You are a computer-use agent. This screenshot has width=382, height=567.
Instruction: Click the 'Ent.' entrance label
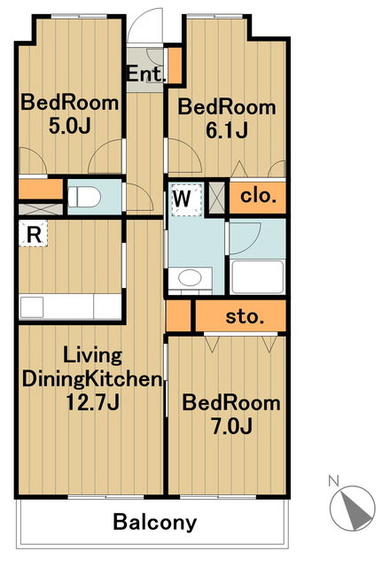(x=145, y=74)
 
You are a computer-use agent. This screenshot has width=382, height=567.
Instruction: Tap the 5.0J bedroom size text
(x=69, y=126)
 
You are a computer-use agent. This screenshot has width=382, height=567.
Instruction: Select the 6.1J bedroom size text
(x=227, y=130)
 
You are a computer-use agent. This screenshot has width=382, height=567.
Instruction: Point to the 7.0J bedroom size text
(x=231, y=426)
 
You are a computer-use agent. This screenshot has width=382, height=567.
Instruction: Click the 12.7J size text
(x=92, y=401)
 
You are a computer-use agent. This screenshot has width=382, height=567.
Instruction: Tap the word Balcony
(x=155, y=522)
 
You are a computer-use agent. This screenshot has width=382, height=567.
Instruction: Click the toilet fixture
(x=84, y=197)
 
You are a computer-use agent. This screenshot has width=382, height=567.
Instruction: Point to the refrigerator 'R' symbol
(x=34, y=234)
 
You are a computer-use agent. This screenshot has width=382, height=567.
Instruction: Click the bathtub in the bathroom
(x=257, y=276)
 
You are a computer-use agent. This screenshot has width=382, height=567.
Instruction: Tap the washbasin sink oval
(x=190, y=277)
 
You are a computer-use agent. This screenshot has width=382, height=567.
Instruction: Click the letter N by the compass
(x=333, y=481)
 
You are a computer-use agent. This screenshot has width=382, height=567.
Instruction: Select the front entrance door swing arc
(x=144, y=26)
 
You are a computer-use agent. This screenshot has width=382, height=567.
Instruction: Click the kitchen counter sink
(x=32, y=307)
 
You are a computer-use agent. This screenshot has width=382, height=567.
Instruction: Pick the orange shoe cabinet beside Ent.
(x=175, y=65)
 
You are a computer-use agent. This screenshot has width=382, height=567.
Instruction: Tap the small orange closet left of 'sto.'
(x=178, y=315)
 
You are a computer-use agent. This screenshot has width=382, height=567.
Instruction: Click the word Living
(x=92, y=356)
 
